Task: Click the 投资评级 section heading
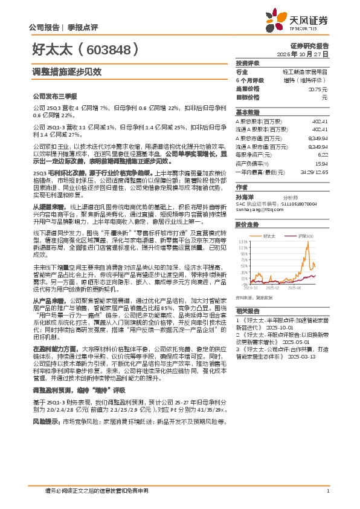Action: tap(248, 63)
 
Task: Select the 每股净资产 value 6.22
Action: tap(322, 155)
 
